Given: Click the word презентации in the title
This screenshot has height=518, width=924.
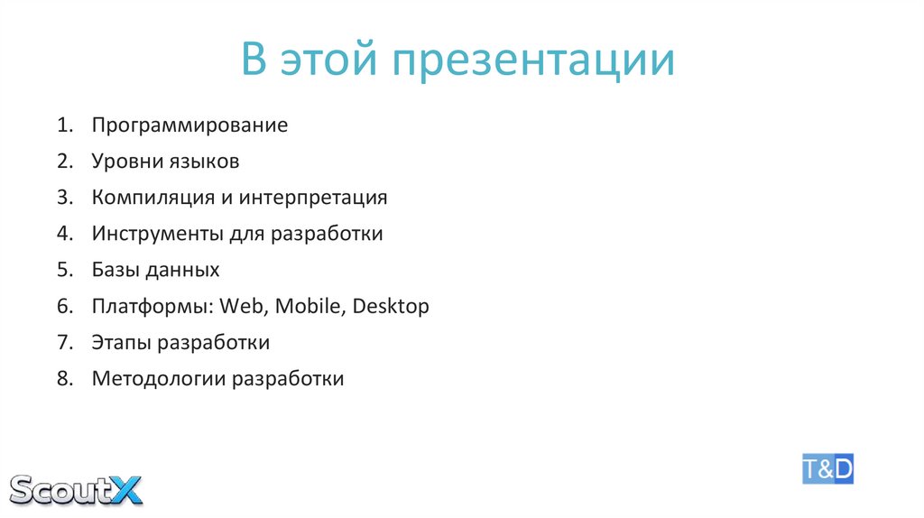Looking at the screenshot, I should (532, 61).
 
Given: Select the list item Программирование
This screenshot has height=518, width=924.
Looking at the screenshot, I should (189, 125).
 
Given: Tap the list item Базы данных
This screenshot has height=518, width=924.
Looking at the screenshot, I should (155, 270).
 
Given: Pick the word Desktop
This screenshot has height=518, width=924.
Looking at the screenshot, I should (391, 306).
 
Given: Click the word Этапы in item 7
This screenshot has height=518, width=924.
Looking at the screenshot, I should (121, 343).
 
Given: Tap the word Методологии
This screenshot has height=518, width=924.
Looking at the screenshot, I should (159, 379).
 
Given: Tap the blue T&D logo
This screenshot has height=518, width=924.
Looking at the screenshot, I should (827, 469).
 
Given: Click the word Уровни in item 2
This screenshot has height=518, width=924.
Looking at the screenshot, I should (125, 162).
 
